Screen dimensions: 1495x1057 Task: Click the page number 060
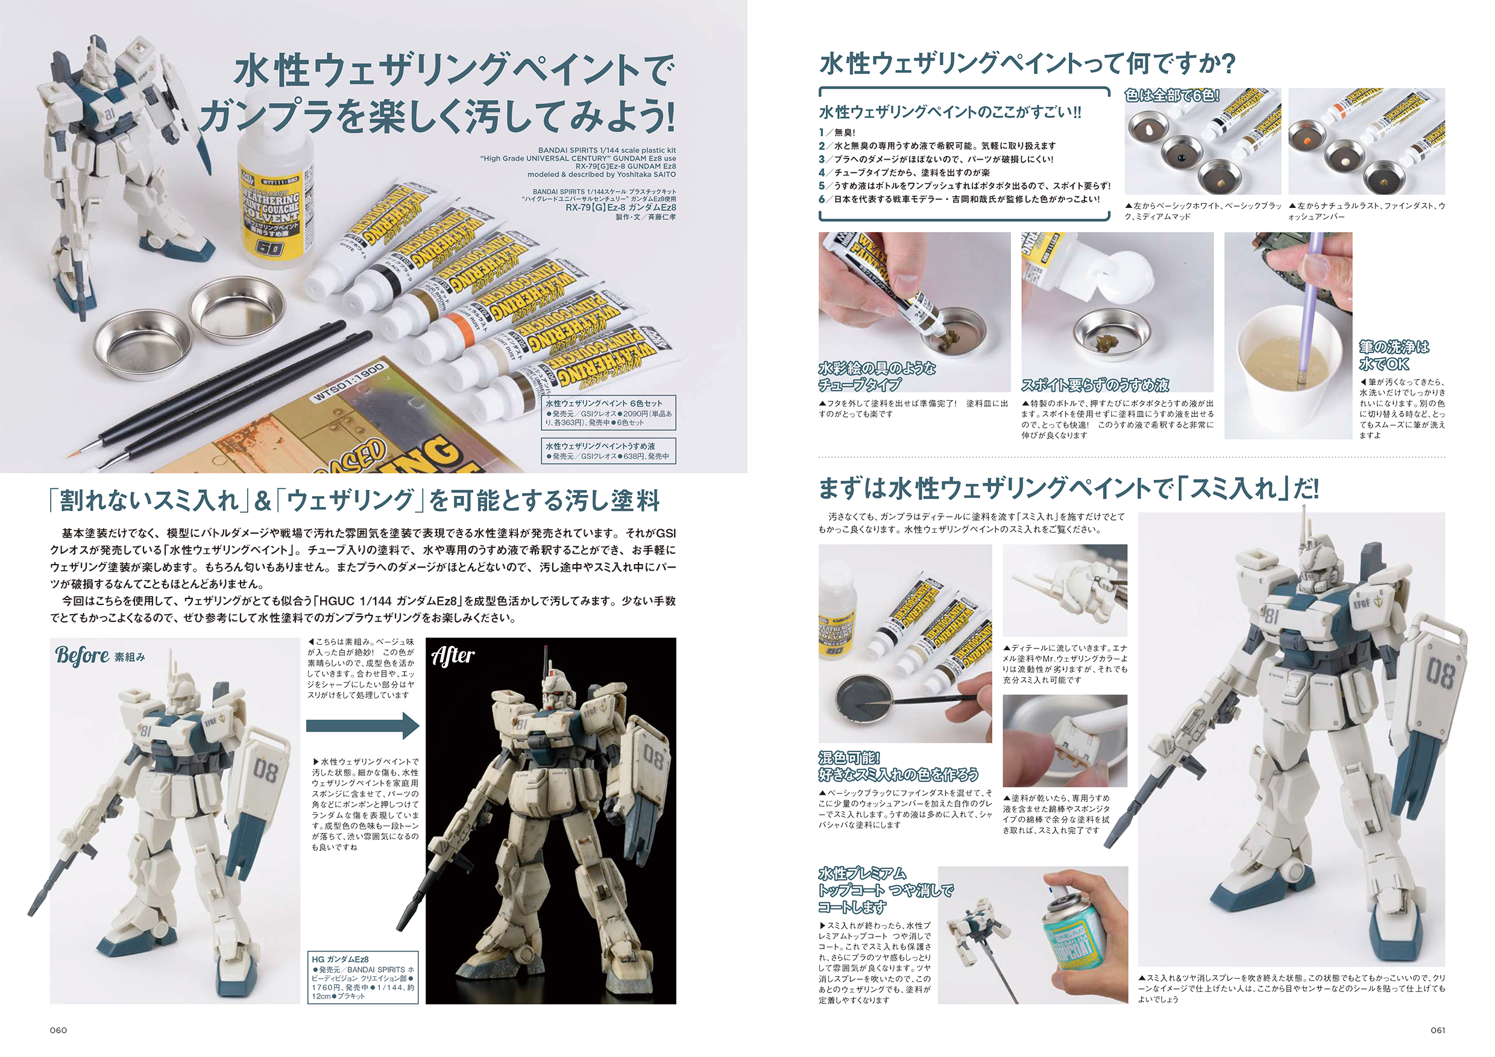[58, 1030]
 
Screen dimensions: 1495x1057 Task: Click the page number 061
[1437, 1030]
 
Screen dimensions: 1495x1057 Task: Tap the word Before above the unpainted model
[82, 655]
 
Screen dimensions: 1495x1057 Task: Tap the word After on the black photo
[453, 655]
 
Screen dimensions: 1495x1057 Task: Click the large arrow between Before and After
[363, 725]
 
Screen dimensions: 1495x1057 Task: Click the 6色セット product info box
[608, 413]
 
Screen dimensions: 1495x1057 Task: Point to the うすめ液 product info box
[608, 450]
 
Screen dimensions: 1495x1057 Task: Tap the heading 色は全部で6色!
[1172, 96]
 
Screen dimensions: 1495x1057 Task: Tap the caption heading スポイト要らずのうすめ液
[1095, 384]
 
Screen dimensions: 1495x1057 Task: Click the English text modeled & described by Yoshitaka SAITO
[601, 174]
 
